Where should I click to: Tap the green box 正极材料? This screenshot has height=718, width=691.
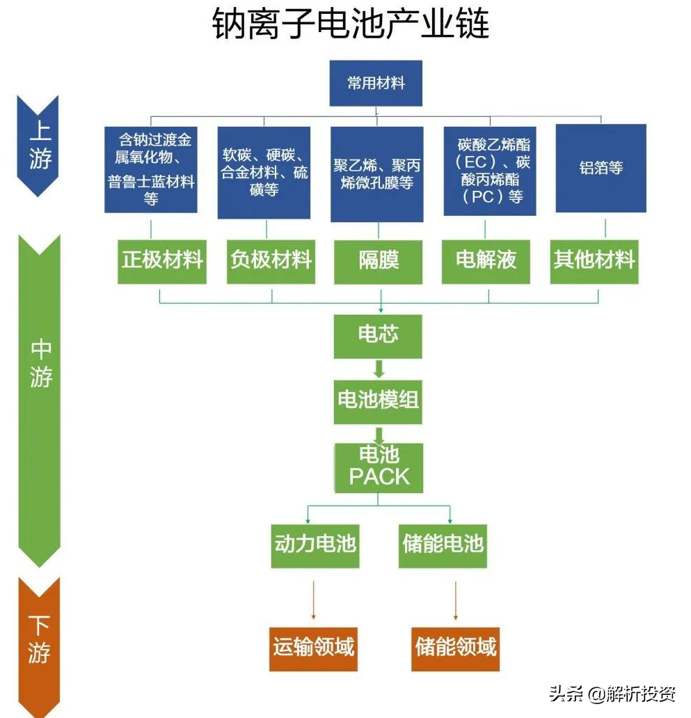pyautogui.click(x=162, y=260)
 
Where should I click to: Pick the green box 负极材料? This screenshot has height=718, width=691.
pyautogui.click(x=271, y=260)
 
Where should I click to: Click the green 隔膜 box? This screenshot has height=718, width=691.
pyautogui.click(x=379, y=261)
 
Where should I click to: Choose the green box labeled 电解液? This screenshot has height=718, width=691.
pyautogui.click(x=486, y=260)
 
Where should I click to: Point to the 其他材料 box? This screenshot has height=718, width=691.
pyautogui.click(x=594, y=260)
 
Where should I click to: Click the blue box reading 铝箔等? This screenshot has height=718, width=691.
pyautogui.click(x=601, y=168)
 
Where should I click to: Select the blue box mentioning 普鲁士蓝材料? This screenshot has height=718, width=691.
pyautogui.click(x=150, y=169)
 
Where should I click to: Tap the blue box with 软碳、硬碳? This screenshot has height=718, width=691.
pyautogui.click(x=264, y=172)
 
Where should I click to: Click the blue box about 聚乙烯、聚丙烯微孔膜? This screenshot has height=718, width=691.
pyautogui.click(x=376, y=174)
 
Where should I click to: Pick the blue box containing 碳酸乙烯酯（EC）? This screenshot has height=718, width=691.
pyautogui.click(x=490, y=171)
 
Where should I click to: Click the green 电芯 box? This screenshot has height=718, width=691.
pyautogui.click(x=378, y=335)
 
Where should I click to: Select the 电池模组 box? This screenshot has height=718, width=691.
pyautogui.click(x=378, y=400)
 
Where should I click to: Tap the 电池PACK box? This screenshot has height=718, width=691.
pyautogui.click(x=379, y=467)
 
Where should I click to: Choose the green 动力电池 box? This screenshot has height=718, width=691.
pyautogui.click(x=315, y=544)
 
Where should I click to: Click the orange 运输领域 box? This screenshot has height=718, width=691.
pyautogui.click(x=313, y=648)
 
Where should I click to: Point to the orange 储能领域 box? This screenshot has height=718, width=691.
pyautogui.click(x=455, y=648)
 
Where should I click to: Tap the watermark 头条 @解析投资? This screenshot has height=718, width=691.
pyautogui.click(x=612, y=694)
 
